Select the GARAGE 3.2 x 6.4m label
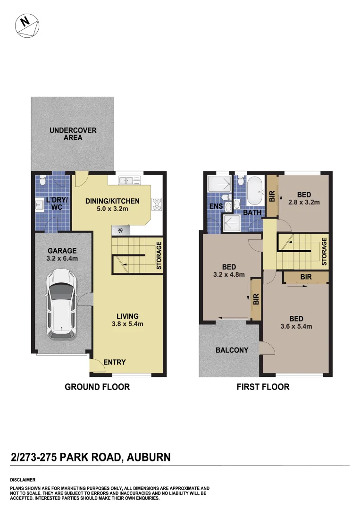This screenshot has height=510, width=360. (62, 255)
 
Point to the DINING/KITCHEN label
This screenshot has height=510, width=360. (107, 204)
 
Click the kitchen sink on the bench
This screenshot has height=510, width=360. (130, 180)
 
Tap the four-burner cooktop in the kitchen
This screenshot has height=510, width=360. (157, 204)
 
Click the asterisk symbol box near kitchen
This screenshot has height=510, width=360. (120, 230)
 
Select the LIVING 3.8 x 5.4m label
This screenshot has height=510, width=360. (127, 320)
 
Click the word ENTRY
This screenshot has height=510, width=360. (114, 362)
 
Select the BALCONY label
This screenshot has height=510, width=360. (232, 350)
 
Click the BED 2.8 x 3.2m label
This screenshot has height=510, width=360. (304, 198)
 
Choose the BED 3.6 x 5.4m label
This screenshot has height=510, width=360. (296, 322)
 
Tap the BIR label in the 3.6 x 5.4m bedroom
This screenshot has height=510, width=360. (306, 277)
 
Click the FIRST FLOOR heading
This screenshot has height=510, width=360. (263, 387)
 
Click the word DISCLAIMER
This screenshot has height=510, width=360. (23, 480)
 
